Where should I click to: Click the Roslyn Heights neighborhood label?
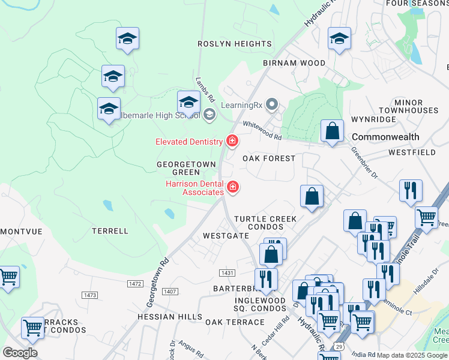click(x=235, y=44)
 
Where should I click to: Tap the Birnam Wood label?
click(x=294, y=63)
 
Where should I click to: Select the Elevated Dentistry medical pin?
click(x=232, y=142)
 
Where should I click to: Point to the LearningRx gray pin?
click(x=272, y=105)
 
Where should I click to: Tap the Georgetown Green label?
click(x=178, y=168)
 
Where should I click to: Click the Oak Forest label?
click(x=269, y=158)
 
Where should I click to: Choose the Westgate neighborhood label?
click(x=226, y=236)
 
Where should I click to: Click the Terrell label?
click(x=110, y=230)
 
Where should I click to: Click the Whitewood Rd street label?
click(x=262, y=131)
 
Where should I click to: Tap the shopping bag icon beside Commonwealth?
click(x=332, y=131)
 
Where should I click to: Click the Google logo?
click(x=20, y=352)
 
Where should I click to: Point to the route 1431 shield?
click(x=227, y=273)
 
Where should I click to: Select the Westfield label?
click(x=412, y=152)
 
